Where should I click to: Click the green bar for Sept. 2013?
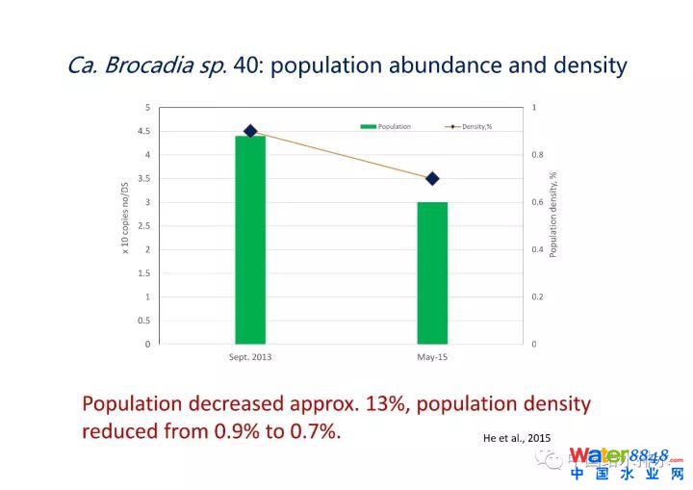point(250,240)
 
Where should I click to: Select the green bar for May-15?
point(432,272)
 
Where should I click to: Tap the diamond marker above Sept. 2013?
point(250,131)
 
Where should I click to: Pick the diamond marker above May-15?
point(432,178)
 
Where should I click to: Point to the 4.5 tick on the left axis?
point(143,131)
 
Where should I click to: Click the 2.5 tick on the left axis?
point(143,225)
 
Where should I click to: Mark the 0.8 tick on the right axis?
point(537,155)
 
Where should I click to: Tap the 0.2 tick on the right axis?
point(537,297)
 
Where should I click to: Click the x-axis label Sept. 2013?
point(249,357)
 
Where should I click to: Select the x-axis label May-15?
point(432,357)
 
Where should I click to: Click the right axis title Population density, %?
point(553,215)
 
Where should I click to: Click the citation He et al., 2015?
point(518,438)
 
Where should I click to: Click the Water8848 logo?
point(626,462)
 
